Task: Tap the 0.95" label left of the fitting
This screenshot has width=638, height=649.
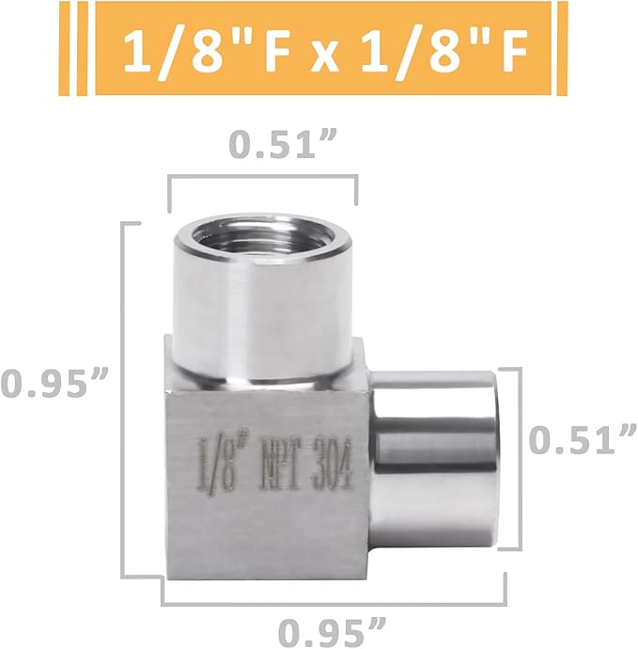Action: (56, 384)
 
